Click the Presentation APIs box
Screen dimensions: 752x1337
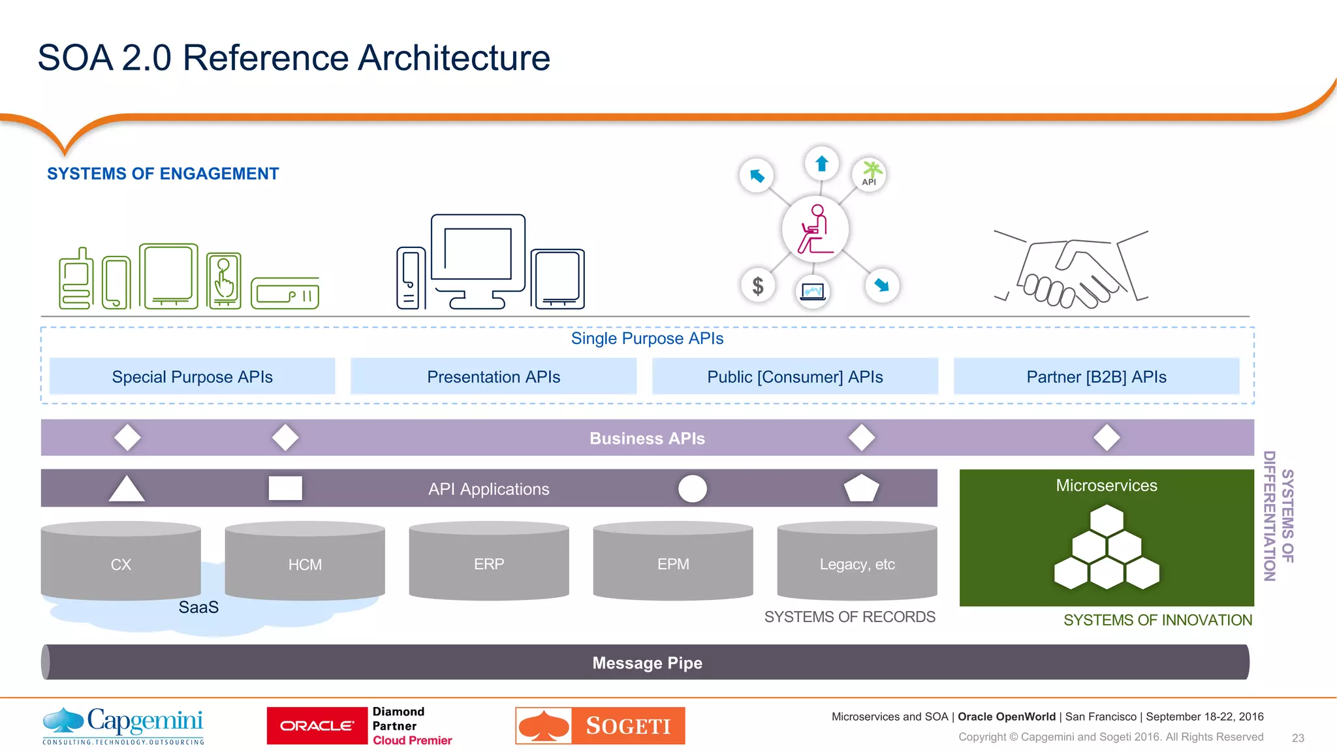pos(494,377)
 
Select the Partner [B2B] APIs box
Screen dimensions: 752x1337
pos(1096,377)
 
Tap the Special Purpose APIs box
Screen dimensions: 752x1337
pos(192,377)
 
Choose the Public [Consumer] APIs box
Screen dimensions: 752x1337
pos(794,377)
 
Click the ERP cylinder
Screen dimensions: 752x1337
pos(489,563)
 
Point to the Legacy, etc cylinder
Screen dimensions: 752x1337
pos(857,563)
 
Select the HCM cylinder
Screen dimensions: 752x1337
pos(305,563)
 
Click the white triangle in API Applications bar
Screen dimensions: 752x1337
pos(127,490)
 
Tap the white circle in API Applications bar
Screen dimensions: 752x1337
pos(693,488)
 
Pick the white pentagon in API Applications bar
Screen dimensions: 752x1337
pos(862,488)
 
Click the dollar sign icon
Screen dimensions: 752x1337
pos(758,285)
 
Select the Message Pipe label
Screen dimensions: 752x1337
pos(647,663)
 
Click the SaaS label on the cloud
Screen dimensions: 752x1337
pos(198,607)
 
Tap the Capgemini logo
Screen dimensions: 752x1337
pos(123,725)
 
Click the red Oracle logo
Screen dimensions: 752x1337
pos(317,726)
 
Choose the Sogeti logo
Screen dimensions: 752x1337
pos(600,725)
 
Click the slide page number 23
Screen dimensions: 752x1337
pos(1298,738)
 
